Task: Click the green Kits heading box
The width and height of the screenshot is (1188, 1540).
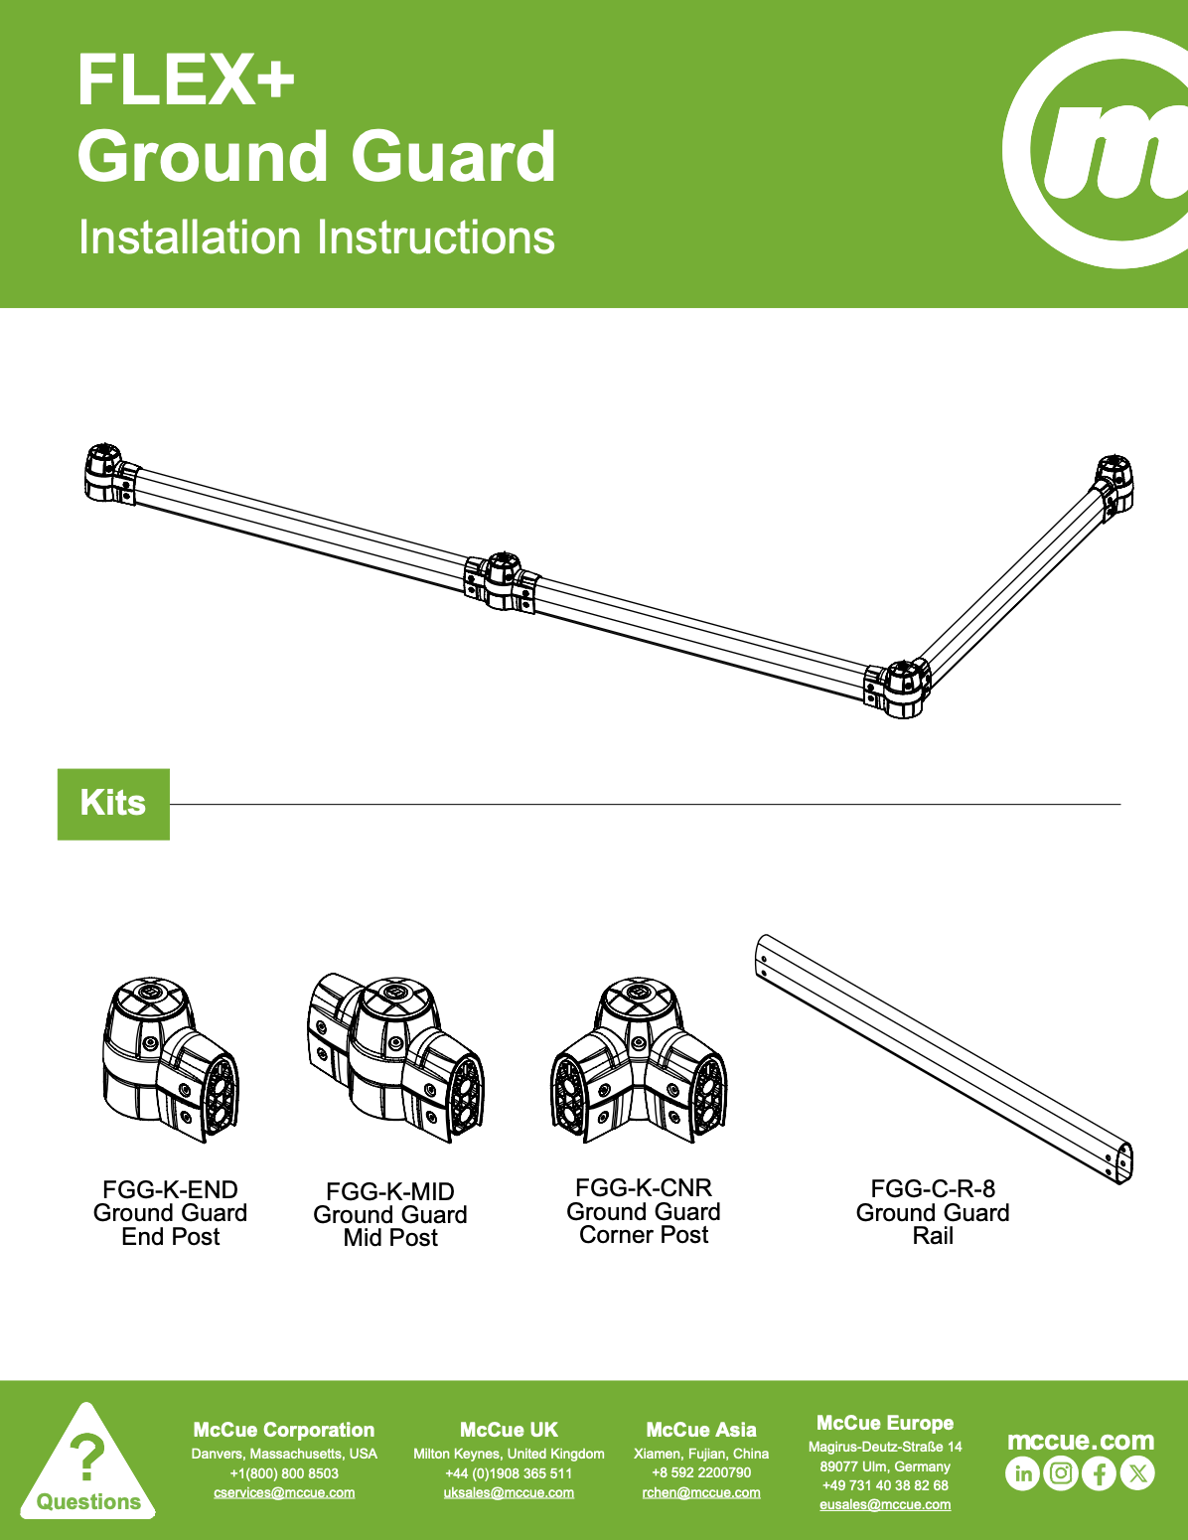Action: (x=113, y=804)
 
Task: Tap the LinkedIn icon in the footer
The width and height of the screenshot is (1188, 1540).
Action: (x=1022, y=1473)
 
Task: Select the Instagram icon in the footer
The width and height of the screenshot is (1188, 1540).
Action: (x=1061, y=1473)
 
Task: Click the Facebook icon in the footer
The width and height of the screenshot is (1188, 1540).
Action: (x=1099, y=1473)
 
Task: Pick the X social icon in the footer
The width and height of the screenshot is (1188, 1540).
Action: (x=1137, y=1473)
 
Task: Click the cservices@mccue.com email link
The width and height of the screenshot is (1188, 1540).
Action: (x=284, y=1492)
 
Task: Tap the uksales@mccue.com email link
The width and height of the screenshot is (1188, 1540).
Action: (x=509, y=1492)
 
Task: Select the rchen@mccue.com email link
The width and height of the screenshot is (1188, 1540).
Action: (x=701, y=1492)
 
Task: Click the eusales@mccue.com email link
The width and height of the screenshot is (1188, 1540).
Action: (x=885, y=1504)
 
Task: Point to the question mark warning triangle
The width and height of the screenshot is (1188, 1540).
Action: (x=87, y=1465)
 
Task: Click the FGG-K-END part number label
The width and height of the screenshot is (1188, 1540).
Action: (x=170, y=1189)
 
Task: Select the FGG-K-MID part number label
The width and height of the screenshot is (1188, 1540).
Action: (x=390, y=1191)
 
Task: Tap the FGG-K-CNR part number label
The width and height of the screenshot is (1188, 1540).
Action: (x=644, y=1187)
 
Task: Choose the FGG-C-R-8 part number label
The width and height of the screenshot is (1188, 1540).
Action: (x=933, y=1187)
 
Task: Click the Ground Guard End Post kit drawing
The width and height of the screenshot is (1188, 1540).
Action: (x=171, y=1059)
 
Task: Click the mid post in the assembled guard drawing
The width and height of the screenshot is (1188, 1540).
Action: (x=502, y=581)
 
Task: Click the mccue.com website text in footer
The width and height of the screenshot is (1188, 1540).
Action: (x=1081, y=1440)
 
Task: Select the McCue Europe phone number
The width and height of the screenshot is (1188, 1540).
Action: (x=885, y=1484)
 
